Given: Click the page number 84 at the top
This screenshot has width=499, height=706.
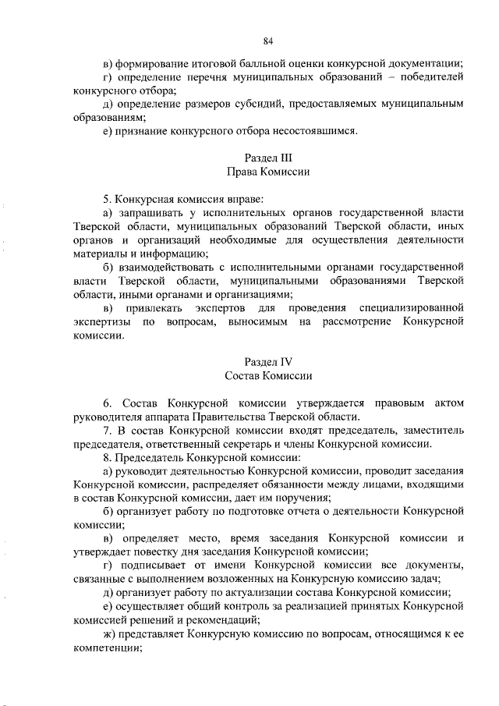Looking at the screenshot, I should pyautogui.click(x=268, y=40).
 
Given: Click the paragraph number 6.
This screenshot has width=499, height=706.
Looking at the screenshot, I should pyautogui.click(x=106, y=403).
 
